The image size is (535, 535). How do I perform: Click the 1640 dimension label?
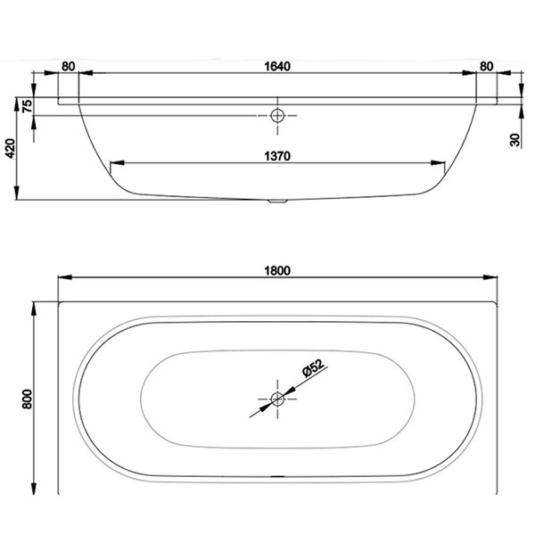(x=277, y=66)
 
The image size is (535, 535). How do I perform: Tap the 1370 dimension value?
(x=277, y=156)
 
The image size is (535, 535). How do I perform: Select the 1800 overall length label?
(x=277, y=270)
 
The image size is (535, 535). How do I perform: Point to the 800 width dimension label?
(x=27, y=399)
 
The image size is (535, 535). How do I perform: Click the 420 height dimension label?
(x=11, y=148)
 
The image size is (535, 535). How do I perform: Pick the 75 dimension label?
(x=28, y=106)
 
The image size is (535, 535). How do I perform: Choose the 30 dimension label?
(x=514, y=140)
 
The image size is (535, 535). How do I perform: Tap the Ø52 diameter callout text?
(x=313, y=367)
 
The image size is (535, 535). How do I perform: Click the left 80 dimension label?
(x=69, y=66)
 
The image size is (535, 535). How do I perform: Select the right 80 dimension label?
(x=487, y=66)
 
